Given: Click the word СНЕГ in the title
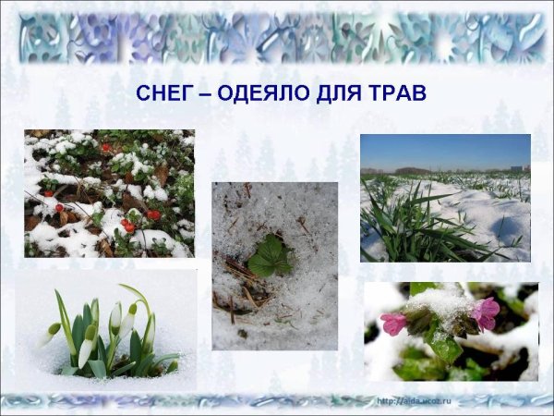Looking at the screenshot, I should pos(161,93).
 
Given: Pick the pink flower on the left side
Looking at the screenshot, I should pos(393,323).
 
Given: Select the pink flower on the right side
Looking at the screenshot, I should pos(486,312).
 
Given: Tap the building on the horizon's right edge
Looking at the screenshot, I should pos(524,167).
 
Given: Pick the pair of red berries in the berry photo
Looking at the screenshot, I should pos(126,225).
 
